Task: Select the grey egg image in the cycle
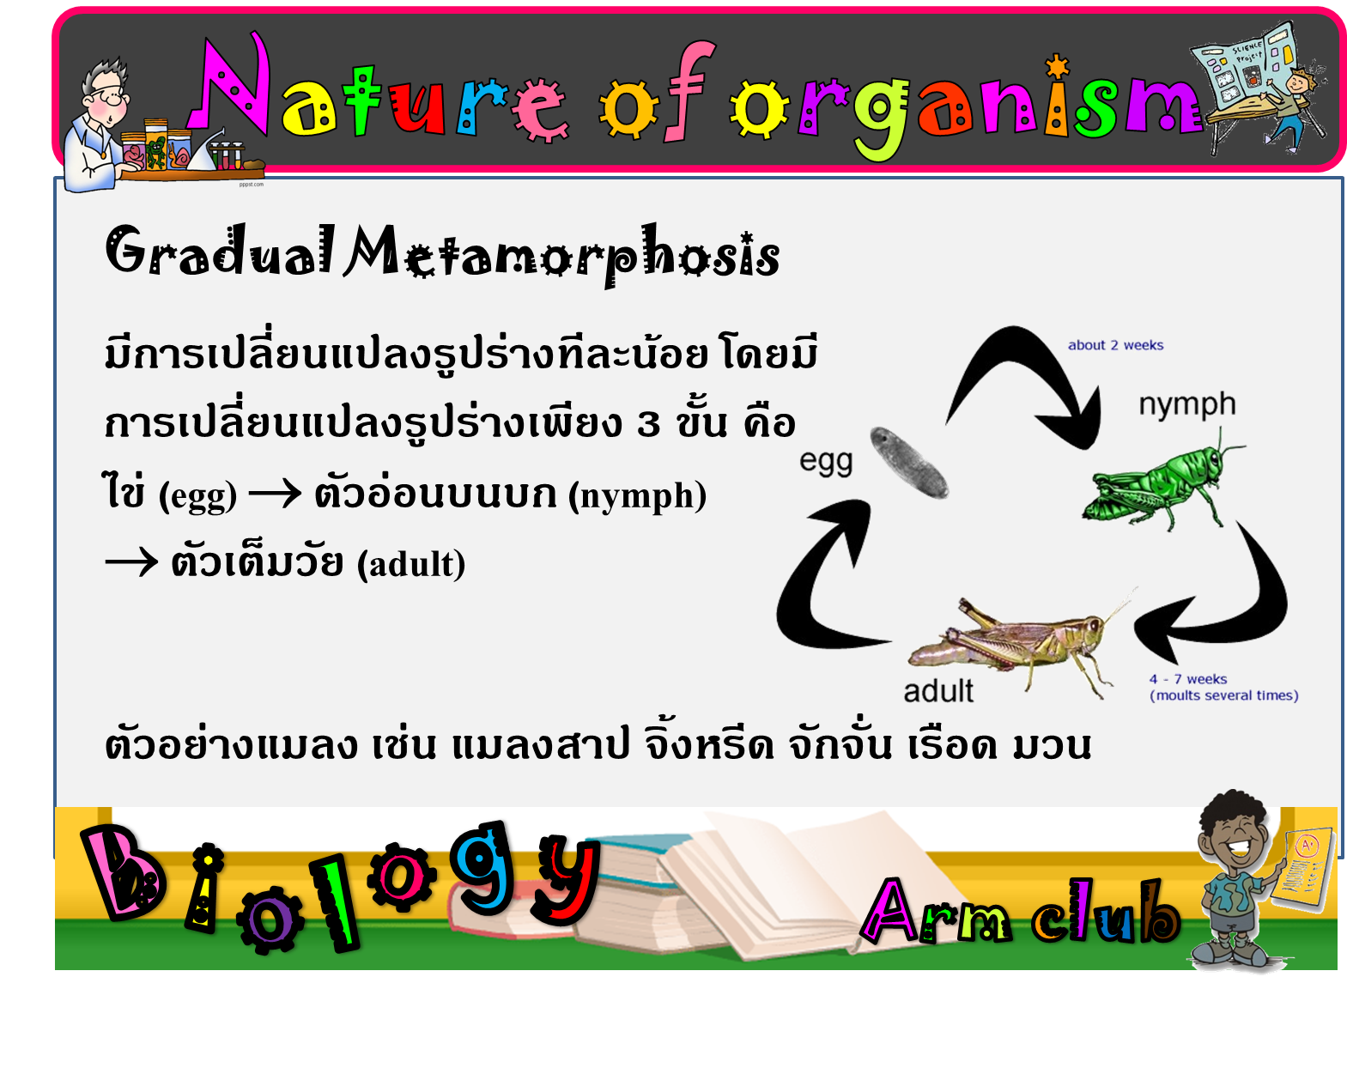coord(909,463)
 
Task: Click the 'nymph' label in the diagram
coord(1186,405)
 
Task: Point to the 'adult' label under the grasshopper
coord(938,691)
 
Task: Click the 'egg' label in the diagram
coord(826,462)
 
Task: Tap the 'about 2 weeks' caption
coord(1115,345)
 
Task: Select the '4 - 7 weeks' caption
coord(1187,678)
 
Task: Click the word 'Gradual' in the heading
coord(220,251)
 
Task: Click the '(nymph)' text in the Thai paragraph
coord(637,496)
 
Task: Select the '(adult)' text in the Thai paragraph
coord(411,564)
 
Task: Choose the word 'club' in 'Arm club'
coord(1106,913)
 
